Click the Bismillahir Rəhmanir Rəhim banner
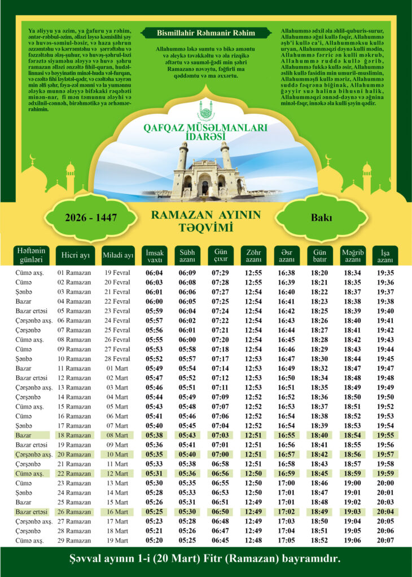coord(206,33)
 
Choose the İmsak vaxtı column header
coord(154,255)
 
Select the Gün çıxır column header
coord(220,255)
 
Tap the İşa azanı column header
coord(385,255)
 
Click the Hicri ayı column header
coord(76,255)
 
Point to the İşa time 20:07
coord(385,540)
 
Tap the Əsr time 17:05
coord(287,540)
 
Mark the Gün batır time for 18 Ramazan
coord(319,436)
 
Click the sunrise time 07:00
coord(220,455)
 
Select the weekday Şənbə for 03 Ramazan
coord(24,292)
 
